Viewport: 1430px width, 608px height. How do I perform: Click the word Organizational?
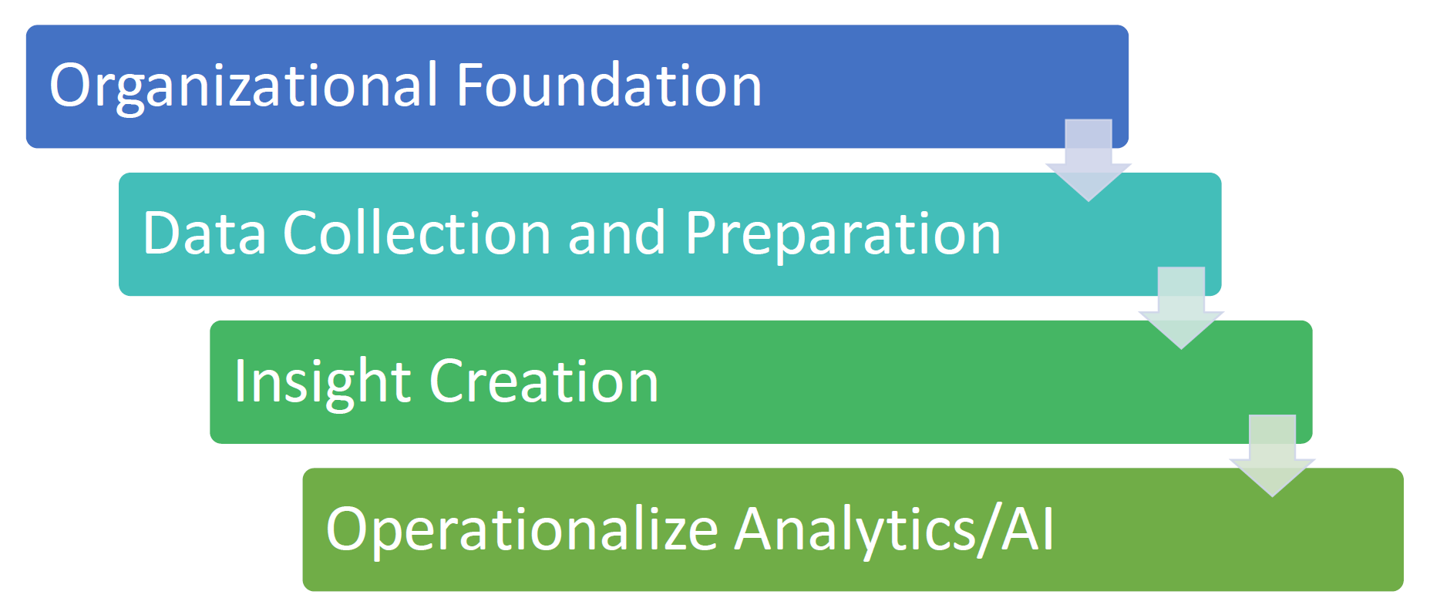coord(244,87)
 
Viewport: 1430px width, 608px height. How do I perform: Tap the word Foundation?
coord(609,84)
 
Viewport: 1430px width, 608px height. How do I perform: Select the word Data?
coord(204,232)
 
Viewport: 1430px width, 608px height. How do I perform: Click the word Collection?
coord(416,232)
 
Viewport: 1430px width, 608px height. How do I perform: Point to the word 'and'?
coord(616,232)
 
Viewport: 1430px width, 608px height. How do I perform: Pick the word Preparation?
coord(843,235)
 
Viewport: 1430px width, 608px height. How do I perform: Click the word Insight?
coord(322,383)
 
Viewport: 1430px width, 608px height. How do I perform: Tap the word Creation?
coord(543,380)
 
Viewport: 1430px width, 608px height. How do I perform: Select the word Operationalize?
coord(522,531)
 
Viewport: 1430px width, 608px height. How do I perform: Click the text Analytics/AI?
coord(893,531)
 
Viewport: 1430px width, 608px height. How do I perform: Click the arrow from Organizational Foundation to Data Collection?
coord(1088,160)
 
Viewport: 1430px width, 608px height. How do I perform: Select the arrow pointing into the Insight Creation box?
coord(1181,308)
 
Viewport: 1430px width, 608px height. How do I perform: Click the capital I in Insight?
coord(240,381)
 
